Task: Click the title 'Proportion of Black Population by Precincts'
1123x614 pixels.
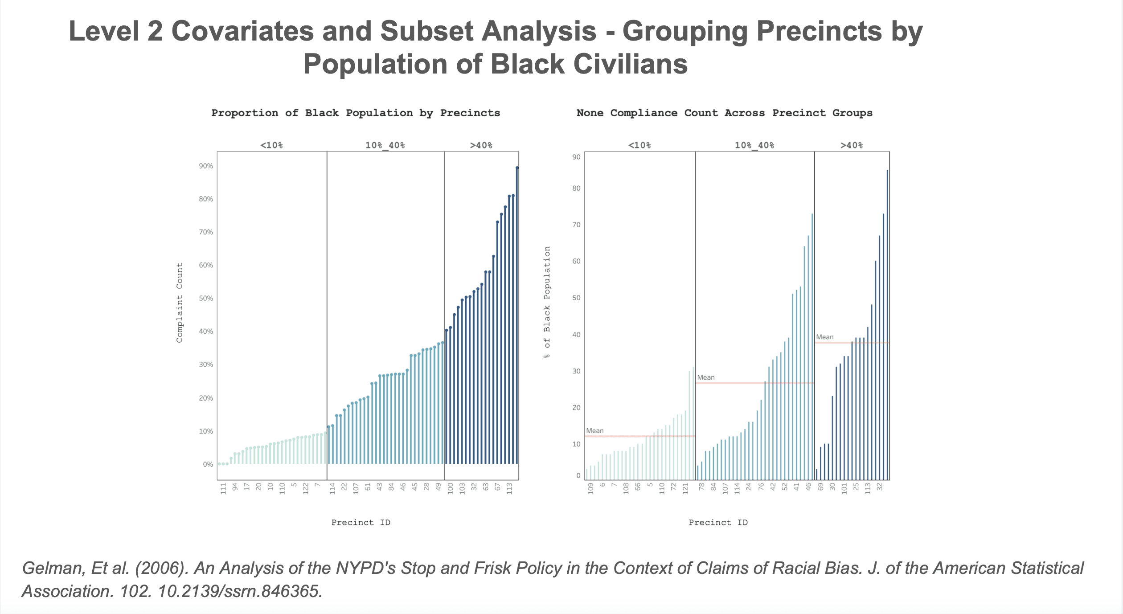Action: [355, 113]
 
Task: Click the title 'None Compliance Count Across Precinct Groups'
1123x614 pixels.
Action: [724, 113]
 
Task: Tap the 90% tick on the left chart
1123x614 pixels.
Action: [206, 166]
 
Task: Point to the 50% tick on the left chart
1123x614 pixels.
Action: [206, 299]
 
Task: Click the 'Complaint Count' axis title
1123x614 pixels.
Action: [180, 303]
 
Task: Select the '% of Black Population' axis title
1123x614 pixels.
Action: [547, 303]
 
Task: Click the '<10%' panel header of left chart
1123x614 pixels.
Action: [271, 145]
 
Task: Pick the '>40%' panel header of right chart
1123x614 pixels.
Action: [851, 145]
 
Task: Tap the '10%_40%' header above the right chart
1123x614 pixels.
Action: [754, 145]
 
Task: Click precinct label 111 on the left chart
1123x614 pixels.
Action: [223, 488]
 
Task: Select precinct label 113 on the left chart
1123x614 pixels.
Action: [509, 488]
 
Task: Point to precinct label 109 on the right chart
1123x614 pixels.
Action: [590, 488]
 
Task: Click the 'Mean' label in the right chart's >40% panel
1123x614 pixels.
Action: [824, 337]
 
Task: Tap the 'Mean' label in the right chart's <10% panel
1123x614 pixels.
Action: [594, 431]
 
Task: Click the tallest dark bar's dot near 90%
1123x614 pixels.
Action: [517, 168]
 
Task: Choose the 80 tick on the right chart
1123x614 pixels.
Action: [577, 188]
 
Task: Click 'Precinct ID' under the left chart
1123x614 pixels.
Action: [361, 523]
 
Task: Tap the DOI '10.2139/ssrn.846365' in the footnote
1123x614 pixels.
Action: [240, 591]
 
